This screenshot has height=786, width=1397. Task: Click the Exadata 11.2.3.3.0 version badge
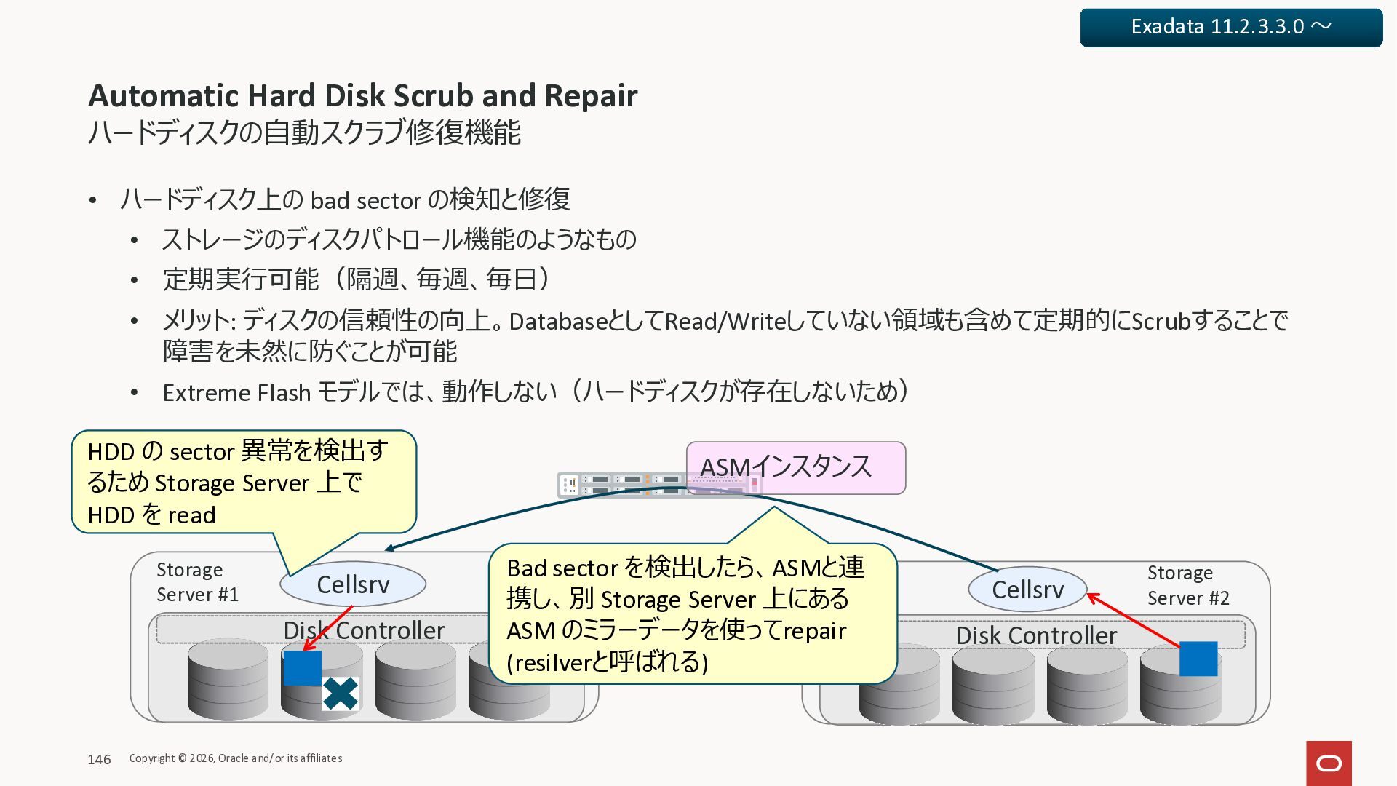[1230, 28]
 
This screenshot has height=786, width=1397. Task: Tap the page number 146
[99, 759]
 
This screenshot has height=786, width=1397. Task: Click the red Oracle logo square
[1329, 763]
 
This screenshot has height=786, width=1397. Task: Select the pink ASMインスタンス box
[796, 467]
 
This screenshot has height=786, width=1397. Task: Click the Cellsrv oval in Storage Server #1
[353, 584]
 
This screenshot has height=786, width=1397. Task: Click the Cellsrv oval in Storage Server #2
[1027, 589]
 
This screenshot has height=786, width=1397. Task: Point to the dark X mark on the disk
[340, 694]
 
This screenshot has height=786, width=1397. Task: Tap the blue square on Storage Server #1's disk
[302, 668]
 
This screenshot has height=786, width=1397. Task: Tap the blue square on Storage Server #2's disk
[1198, 659]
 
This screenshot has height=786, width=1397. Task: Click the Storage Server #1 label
[196, 582]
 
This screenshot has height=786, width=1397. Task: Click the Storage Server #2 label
[1187, 586]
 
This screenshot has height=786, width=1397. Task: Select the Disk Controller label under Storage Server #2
[1035, 635]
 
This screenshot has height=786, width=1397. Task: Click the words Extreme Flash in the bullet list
[236, 393]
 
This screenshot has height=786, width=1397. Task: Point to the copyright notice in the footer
[236, 758]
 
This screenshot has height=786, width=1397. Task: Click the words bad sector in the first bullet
[366, 200]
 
